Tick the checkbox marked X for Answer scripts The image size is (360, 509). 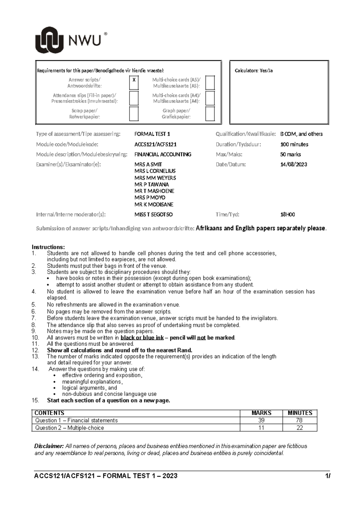coord(134,83)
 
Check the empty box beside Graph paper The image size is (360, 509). coord(210,114)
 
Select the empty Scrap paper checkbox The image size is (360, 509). coord(134,114)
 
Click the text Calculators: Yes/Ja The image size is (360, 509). coord(253,71)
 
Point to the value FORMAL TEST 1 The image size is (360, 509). coord(152,134)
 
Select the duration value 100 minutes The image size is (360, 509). coord(294,144)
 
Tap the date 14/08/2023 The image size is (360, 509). coord(293,164)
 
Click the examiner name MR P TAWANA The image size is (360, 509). coord(151,184)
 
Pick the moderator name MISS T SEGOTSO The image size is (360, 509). coord(154,215)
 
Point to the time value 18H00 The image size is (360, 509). coord(287,215)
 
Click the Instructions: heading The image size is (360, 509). coord(48,247)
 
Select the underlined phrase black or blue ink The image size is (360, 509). coord(142,338)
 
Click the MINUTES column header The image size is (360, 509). coord(300,413)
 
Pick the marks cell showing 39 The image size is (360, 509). coord(261,420)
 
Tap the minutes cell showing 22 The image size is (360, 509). coord(300,428)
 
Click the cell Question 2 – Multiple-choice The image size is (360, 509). coord(70,428)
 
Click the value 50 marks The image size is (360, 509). coord(290,155)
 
